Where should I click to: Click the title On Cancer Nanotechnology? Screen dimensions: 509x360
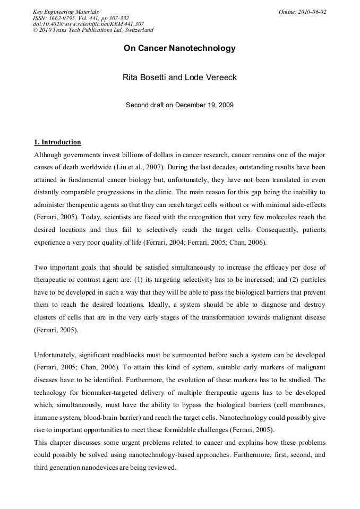click(179, 48)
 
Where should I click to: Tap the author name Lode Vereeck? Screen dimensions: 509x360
click(211, 77)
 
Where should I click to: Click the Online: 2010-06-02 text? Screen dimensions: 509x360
click(302, 12)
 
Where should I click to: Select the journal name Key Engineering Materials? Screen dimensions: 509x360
click(66, 12)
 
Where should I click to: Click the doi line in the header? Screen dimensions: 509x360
click(88, 24)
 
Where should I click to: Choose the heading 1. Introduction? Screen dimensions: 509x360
click(57, 142)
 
